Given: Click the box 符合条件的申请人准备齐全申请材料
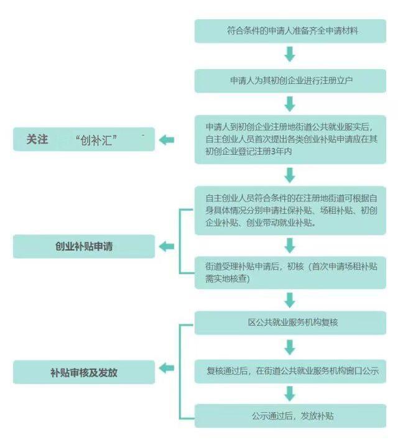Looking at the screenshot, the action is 290,31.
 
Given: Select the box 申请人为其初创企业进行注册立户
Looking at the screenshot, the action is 290,81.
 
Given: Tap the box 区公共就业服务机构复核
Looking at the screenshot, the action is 290,322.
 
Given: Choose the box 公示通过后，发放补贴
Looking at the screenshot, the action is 290,416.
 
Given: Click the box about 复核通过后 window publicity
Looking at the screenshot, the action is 290,371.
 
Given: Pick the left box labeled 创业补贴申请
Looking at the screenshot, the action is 84,247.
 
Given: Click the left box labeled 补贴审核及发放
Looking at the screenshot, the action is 84,372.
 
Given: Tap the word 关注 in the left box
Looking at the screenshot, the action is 37,139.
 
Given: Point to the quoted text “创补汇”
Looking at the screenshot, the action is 96,140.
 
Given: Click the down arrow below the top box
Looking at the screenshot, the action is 290,54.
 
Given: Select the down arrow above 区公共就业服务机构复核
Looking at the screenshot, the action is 290,300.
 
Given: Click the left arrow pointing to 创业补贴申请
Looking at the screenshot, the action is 167,247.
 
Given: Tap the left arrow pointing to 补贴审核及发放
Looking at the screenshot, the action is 167,368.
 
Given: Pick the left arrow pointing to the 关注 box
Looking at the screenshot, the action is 167,140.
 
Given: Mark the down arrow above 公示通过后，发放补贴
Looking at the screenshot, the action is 290,393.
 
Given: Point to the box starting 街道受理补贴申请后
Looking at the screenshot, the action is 290,273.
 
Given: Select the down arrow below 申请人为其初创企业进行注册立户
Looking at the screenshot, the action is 290,104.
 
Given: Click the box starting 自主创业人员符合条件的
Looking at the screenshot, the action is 290,210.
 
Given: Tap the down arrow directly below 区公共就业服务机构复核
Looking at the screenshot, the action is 290,347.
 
